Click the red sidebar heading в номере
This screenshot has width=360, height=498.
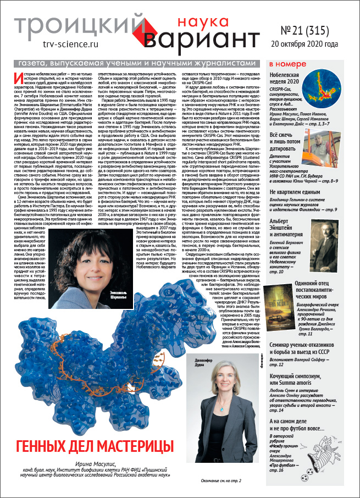(x=286, y=65)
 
